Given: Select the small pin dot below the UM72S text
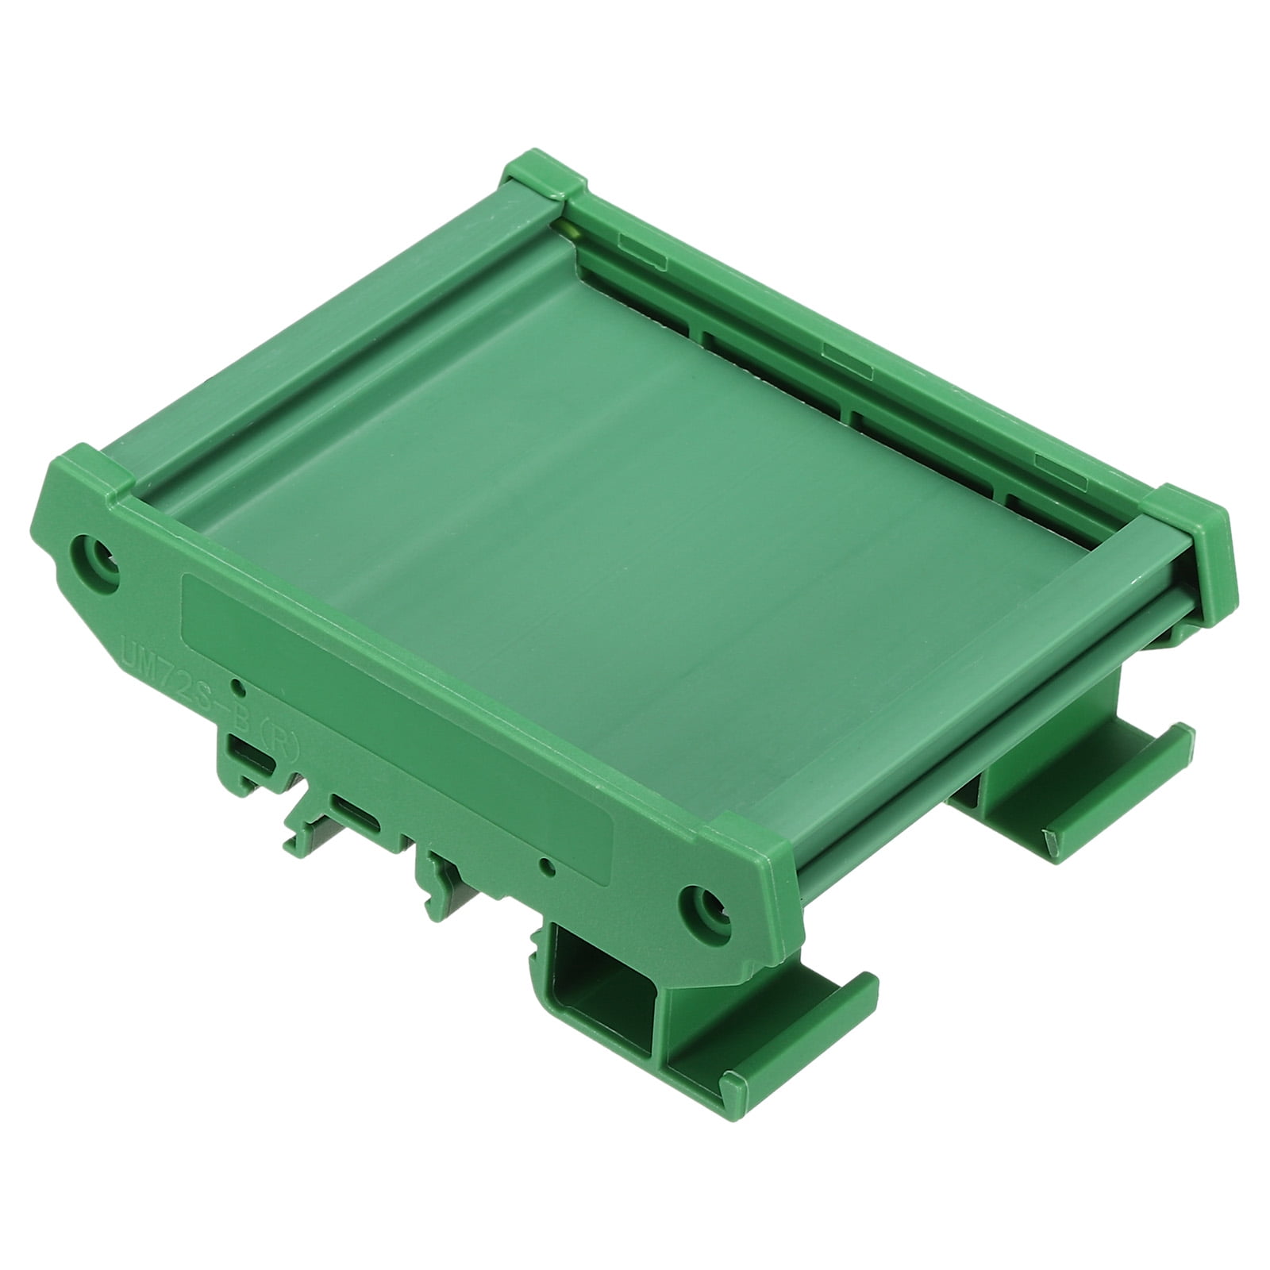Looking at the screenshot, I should (x=235, y=685).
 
